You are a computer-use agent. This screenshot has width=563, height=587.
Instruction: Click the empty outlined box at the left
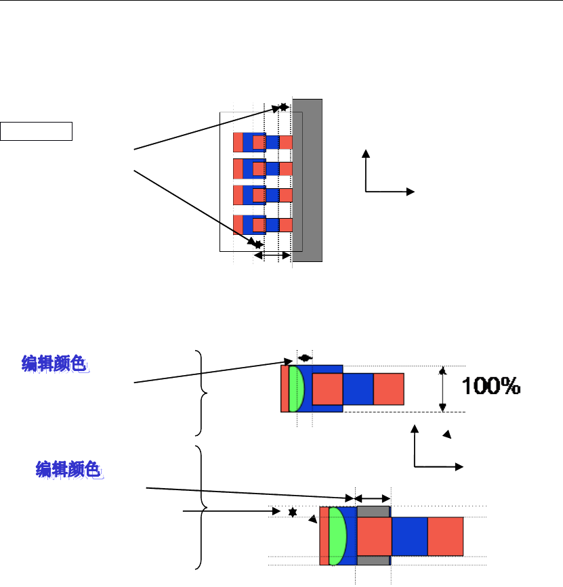(37, 131)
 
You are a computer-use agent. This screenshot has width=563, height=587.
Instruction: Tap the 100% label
(491, 387)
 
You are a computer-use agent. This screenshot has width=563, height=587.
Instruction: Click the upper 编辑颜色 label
(56, 364)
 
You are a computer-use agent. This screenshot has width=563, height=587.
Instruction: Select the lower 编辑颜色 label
(69, 469)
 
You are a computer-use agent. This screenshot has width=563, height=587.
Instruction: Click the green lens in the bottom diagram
(337, 536)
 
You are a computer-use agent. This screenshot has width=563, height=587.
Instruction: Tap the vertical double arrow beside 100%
(442, 389)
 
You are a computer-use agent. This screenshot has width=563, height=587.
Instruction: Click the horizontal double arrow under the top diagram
(272, 255)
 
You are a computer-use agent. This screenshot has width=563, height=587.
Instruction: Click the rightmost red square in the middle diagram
(389, 389)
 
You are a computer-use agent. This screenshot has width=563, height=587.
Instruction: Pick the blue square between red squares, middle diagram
(358, 389)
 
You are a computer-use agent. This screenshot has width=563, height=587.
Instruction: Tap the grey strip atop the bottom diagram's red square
(373, 511)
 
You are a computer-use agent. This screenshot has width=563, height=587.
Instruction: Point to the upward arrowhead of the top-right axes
(366, 153)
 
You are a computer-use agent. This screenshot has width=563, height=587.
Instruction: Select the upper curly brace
(199, 393)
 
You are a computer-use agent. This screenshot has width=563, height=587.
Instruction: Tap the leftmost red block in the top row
(238, 142)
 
